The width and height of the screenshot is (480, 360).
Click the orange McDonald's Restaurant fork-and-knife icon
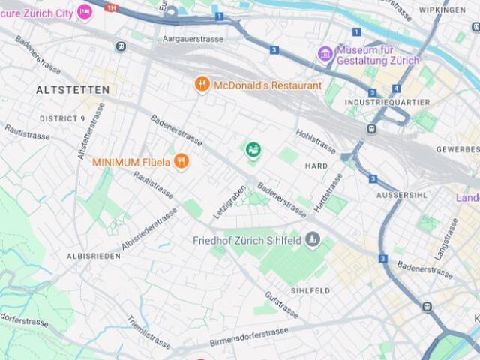pyautogui.click(x=202, y=85)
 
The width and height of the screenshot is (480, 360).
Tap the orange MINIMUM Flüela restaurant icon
pyautogui.click(x=180, y=161)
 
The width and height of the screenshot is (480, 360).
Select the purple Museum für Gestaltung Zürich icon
pyautogui.click(x=325, y=53)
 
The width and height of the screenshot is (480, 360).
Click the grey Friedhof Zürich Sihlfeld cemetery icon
pyautogui.click(x=313, y=240)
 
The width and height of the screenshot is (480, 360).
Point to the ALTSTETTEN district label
pyautogui.click(x=73, y=89)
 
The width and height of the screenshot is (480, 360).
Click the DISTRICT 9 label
pyautogui.click(x=62, y=118)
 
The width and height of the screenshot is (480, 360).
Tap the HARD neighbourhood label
pyautogui.click(x=316, y=165)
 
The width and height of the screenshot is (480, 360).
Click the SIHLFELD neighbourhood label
pyautogui.click(x=310, y=290)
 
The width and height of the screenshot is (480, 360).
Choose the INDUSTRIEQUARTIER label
pyautogui.click(x=387, y=102)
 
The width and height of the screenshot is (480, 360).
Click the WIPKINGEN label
pyautogui.click(x=442, y=10)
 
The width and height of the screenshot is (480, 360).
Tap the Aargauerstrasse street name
pyautogui.click(x=193, y=37)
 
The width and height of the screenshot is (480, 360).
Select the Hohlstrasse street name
pyautogui.click(x=316, y=139)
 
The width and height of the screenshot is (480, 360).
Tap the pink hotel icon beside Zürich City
pyautogui.click(x=84, y=10)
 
